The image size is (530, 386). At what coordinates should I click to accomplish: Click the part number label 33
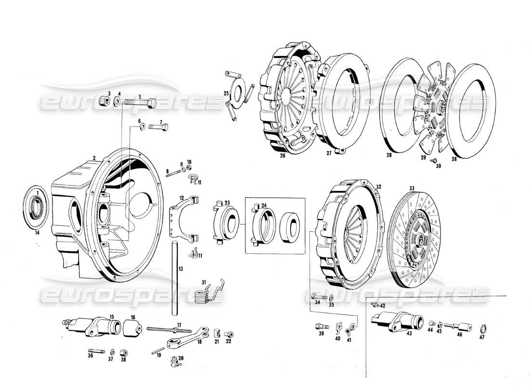(411, 188)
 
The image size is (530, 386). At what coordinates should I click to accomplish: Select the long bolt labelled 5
(140, 103)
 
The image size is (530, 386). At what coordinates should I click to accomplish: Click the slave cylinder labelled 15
(92, 325)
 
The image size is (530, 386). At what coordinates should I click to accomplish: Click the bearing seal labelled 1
(36, 205)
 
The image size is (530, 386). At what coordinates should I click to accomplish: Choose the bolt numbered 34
(317, 296)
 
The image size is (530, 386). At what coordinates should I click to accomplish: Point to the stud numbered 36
(95, 351)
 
